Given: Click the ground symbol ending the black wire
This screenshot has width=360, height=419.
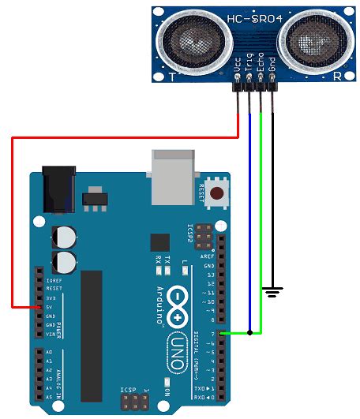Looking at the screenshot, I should coord(272,293).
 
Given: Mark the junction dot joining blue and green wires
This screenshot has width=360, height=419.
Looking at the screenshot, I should coord(250,333).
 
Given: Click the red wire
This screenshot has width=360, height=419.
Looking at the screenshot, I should coord(12,221).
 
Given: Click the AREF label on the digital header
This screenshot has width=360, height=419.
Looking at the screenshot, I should coord(208,256).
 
